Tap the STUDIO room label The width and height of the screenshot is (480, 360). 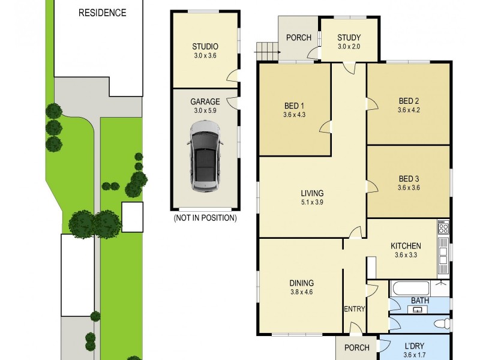pos(205,46)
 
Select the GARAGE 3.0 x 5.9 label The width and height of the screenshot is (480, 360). pos(205,106)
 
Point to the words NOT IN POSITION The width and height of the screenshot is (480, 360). pos(205,218)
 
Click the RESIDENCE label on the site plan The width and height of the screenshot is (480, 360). pos(103,13)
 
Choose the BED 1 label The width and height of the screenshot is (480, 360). pos(295,106)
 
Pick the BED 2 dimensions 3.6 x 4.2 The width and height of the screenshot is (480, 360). pos(409,110)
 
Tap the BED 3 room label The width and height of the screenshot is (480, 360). pos(409,179)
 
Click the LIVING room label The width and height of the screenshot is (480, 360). pos(312,193)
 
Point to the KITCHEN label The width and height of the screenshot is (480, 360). pos(406,246)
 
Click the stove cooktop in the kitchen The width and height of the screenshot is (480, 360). pos(443,228)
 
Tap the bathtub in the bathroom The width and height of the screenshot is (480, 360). pos(410,289)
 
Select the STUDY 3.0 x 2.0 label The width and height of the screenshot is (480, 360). pos(349,41)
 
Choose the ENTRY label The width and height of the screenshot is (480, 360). pos(354,309)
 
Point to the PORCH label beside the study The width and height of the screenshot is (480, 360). pos(298,38)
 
